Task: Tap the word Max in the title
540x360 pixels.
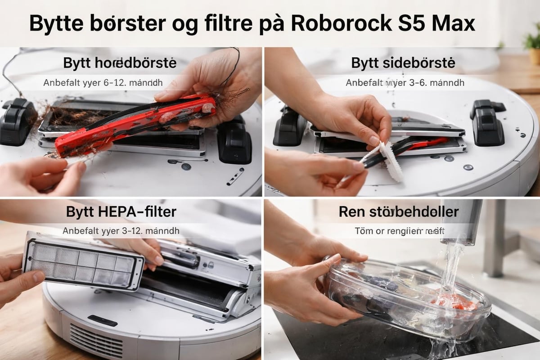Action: [453, 23]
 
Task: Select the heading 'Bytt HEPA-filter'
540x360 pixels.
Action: [121, 211]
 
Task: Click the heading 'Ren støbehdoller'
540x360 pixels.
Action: [399, 211]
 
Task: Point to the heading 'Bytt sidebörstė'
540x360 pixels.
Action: [403, 63]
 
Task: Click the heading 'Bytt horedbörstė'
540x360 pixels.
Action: [120, 63]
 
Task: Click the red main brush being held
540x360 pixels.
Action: [135, 124]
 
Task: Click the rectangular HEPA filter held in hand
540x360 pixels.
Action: [83, 261]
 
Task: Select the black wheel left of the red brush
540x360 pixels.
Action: [18, 121]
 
